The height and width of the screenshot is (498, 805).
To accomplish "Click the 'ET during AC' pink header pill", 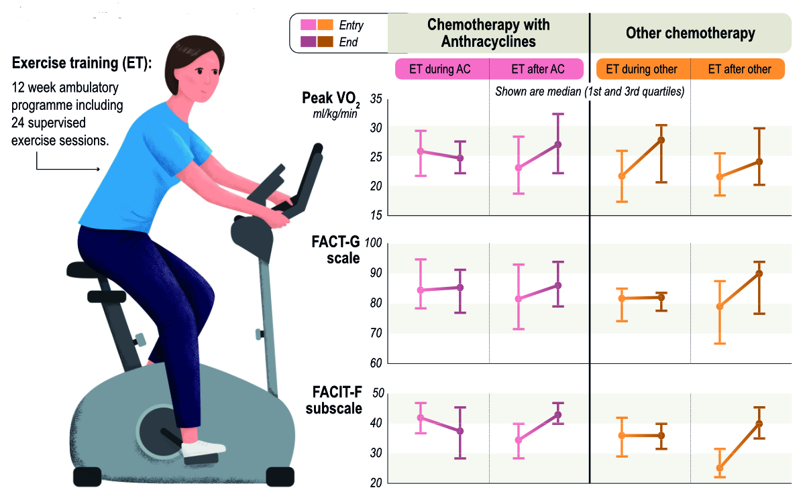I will click(440, 69).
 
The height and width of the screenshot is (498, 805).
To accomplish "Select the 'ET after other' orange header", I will click(738, 69).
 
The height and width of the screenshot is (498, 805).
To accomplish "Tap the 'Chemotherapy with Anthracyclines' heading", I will click(488, 33).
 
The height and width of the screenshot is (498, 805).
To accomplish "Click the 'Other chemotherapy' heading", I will click(690, 33).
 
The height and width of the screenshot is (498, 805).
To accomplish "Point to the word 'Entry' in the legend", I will click(352, 25).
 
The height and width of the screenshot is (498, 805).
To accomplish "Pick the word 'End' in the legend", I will click(349, 42).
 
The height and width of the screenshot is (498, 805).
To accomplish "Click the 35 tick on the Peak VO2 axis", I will click(376, 99).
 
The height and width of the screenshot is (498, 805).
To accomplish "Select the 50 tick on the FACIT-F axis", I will click(376, 393).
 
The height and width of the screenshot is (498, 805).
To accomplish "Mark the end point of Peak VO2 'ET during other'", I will click(661, 140).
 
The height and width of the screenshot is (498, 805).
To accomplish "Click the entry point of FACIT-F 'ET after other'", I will click(720, 469).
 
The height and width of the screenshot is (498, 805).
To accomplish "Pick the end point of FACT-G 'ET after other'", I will click(759, 273).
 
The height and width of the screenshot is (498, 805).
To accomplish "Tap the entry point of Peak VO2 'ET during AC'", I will click(421, 151).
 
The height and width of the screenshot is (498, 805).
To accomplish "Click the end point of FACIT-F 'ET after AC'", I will click(558, 415).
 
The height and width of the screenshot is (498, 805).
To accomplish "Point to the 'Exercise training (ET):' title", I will click(82, 64).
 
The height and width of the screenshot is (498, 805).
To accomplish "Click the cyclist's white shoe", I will click(204, 448).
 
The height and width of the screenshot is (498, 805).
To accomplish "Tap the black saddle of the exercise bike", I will click(94, 269).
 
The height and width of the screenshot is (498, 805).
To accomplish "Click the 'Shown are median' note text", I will click(589, 92).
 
